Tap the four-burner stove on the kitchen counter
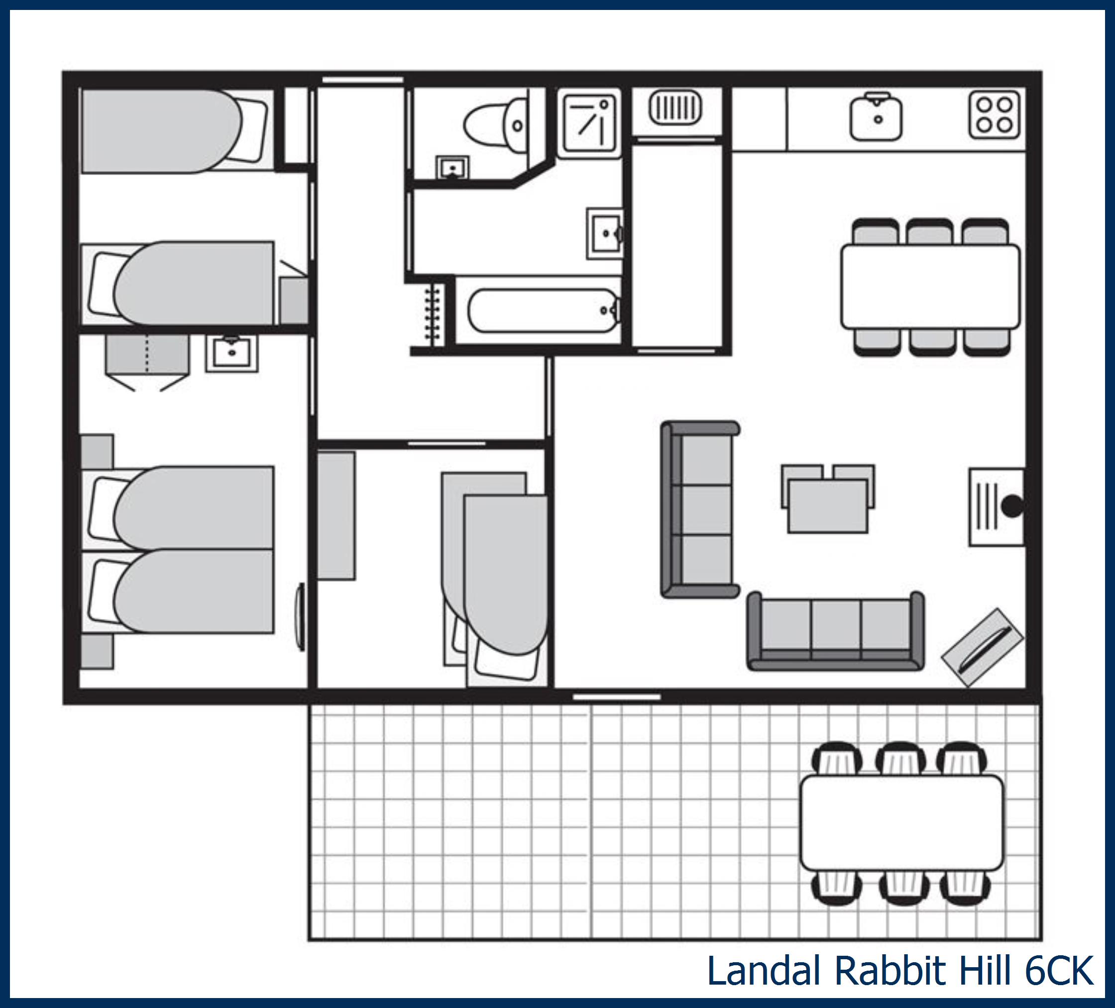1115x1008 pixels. coord(994,114)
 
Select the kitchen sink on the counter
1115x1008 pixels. coord(876,116)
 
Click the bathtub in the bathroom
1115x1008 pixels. coord(543,310)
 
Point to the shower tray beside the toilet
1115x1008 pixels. coord(589,123)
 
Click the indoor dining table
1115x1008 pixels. coord(930,287)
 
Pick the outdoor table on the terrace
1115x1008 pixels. coord(901,823)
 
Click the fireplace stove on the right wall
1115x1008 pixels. coord(997,507)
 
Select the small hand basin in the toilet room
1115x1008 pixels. coord(452,167)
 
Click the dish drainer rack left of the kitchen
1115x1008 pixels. coord(675,108)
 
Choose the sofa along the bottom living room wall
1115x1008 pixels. coord(835,631)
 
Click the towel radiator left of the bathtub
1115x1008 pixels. coord(433,313)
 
